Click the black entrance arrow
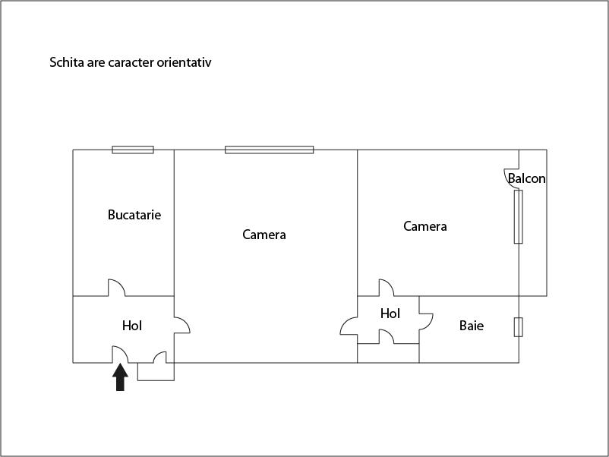[121, 377]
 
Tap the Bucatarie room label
[134, 215]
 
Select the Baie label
[472, 326]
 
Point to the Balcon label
[527, 178]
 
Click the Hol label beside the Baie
[390, 314]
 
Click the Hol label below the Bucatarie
[132, 326]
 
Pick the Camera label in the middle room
[264, 235]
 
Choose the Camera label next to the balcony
[425, 226]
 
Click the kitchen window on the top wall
[133, 150]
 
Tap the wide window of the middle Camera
[269, 150]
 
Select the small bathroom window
[519, 327]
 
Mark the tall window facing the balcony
[519, 216]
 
